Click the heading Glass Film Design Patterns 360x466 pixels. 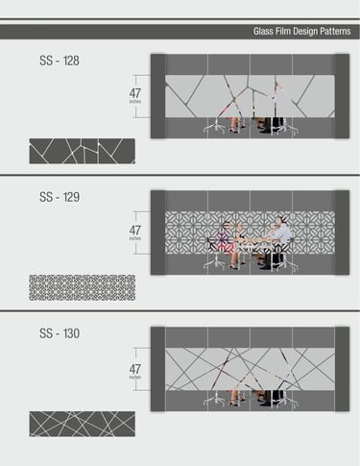tap(301, 32)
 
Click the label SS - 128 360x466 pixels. tap(60, 61)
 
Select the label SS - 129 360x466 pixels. tap(60, 197)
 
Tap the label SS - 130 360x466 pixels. tap(60, 333)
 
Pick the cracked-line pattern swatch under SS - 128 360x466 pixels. tap(83, 151)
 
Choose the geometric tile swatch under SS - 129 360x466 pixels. tap(83, 287)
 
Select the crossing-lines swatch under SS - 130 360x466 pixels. tap(83, 424)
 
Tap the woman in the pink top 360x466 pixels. tap(225, 238)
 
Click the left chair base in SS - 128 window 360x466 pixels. tap(215, 127)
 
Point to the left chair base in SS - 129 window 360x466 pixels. tap(215, 262)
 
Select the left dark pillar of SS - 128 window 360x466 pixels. tap(158, 96)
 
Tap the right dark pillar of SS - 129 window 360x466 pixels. tap(342, 233)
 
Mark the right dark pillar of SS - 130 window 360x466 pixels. tap(342, 369)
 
